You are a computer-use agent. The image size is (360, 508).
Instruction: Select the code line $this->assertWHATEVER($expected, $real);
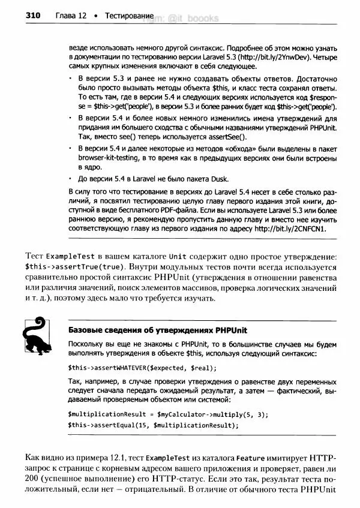click(x=142, y=368)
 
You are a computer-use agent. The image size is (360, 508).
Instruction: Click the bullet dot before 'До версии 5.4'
click(x=71, y=178)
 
